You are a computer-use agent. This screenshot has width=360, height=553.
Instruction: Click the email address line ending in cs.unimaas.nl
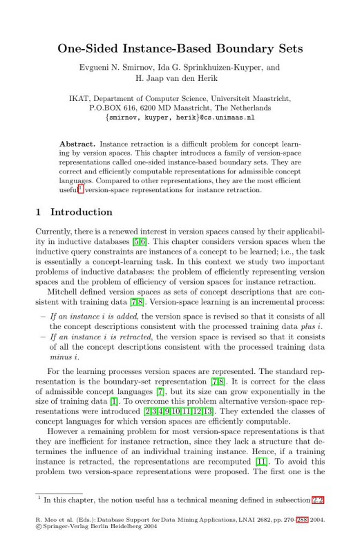coord(180,118)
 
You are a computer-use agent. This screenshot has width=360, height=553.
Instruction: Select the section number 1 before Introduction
coord(38,212)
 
